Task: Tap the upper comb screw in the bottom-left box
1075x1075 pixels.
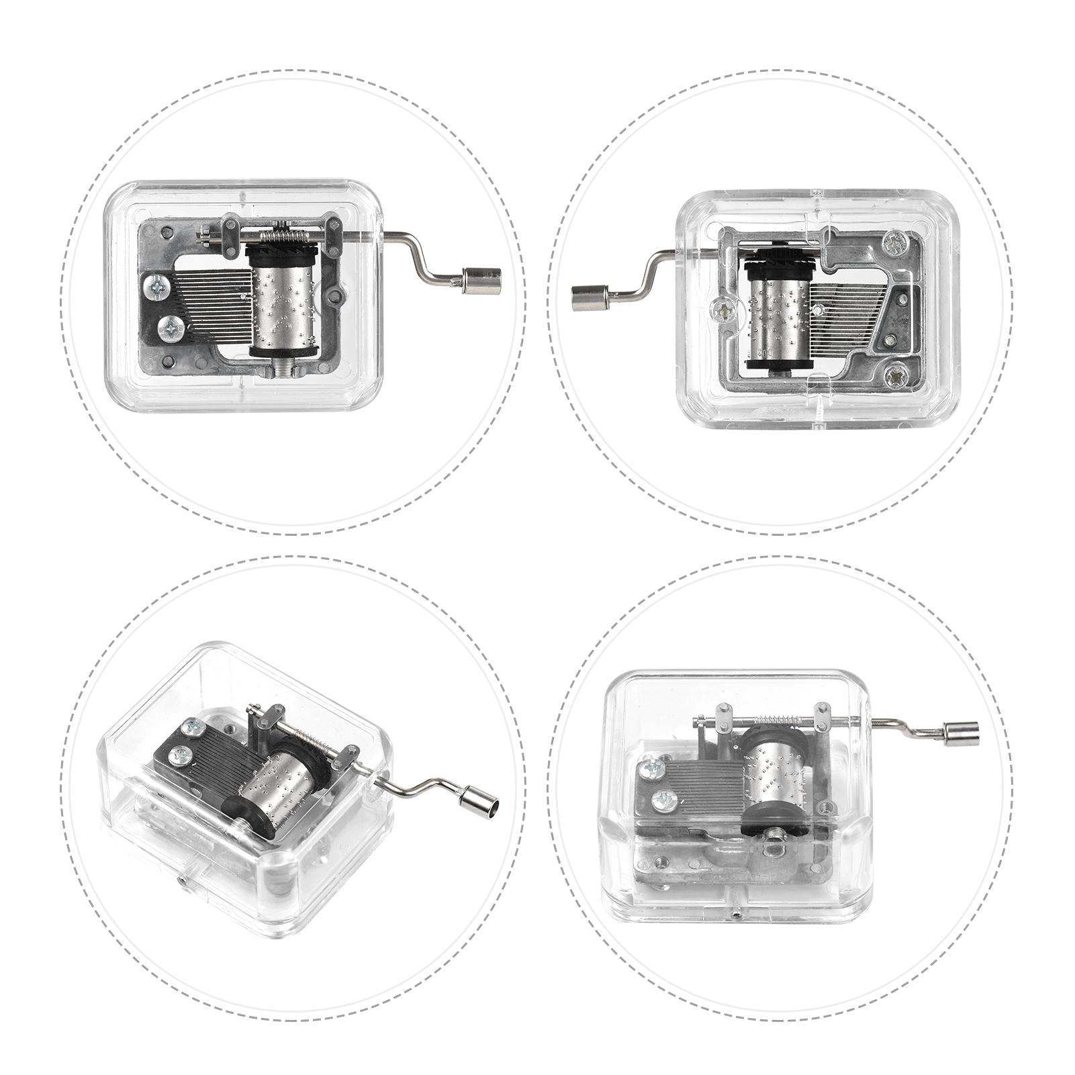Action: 193,730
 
